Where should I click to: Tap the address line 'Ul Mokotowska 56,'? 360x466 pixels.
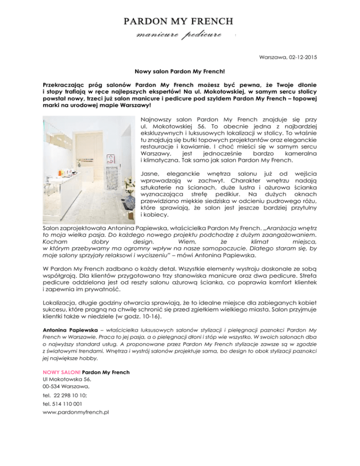tap(67, 380)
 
